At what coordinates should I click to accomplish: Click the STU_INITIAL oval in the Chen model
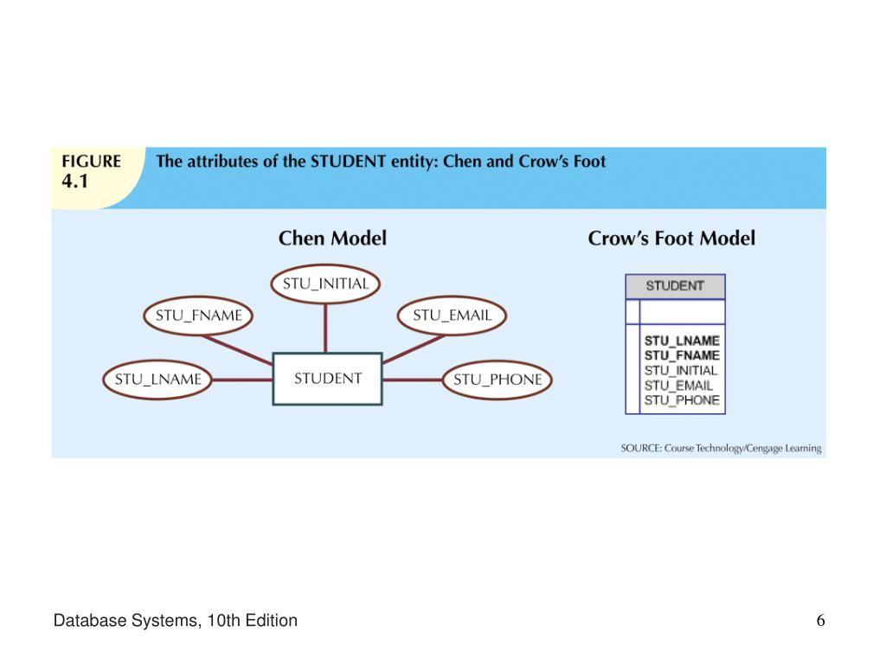tap(325, 284)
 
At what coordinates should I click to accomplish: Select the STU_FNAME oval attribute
tap(199, 316)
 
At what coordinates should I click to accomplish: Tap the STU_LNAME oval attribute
tap(158, 379)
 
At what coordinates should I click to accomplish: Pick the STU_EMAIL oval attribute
tap(452, 316)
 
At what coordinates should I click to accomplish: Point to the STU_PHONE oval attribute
tap(498, 379)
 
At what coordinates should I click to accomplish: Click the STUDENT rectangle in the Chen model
tap(327, 379)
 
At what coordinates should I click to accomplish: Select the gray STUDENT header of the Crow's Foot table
tap(675, 286)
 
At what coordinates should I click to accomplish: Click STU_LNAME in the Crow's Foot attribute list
tap(682, 341)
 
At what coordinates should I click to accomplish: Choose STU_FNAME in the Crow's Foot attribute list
tap(682, 355)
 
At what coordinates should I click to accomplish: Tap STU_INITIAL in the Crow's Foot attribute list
tap(681, 370)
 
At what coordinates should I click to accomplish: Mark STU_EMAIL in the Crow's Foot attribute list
tap(678, 385)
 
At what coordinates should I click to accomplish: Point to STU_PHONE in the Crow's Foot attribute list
tap(682, 399)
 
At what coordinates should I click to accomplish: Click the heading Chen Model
tap(332, 238)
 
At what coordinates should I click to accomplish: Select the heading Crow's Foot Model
tap(671, 238)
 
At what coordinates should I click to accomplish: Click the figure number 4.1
tap(74, 182)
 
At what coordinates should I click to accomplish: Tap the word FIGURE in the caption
tap(90, 162)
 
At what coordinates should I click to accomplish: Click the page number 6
tap(819, 621)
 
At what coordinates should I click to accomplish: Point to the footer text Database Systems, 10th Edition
tap(176, 621)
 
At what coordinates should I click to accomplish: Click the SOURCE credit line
tap(721, 449)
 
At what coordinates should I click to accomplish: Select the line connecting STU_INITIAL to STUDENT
tap(325, 328)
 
